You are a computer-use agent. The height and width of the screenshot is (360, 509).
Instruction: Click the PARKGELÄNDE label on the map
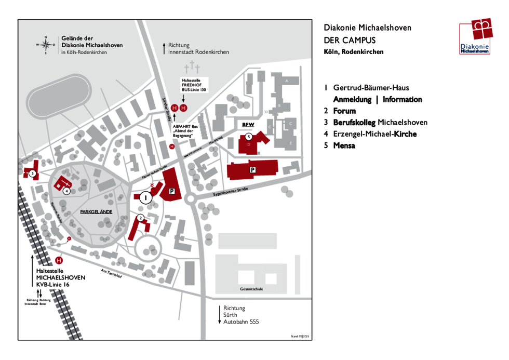[96, 212]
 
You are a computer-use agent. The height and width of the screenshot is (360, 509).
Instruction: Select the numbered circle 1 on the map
[145, 197]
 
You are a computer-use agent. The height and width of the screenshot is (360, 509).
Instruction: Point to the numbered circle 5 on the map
[249, 137]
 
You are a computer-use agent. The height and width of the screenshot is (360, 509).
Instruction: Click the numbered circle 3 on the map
[32, 174]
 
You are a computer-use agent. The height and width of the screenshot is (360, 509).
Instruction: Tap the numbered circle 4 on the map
[66, 191]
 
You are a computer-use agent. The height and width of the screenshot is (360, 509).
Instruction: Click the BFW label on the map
[247, 125]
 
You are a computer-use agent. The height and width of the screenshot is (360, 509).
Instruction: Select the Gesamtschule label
[251, 289]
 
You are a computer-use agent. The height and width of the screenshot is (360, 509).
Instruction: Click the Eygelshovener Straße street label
[231, 192]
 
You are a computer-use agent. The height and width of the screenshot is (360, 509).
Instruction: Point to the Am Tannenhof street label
[111, 275]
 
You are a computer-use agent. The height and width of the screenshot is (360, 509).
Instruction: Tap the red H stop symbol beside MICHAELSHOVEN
[59, 260]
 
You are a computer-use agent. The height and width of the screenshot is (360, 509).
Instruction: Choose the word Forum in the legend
[344, 111]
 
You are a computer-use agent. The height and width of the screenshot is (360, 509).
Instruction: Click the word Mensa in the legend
[344, 145]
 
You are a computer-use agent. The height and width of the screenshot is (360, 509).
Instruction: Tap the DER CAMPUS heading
[349, 40]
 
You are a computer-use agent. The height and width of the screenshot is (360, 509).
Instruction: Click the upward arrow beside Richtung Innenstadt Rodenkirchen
[164, 48]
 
